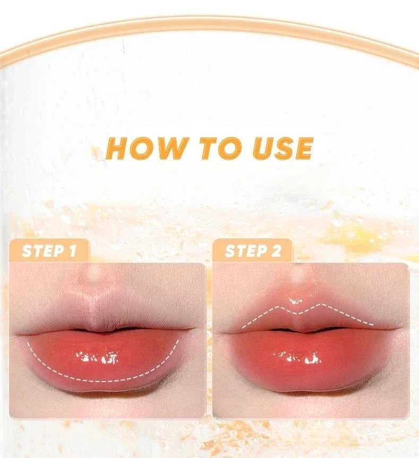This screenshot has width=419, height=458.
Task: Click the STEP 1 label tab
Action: (x=49, y=251)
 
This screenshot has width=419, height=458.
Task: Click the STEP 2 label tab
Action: (x=252, y=251)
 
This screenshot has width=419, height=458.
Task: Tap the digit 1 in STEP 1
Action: (x=72, y=251)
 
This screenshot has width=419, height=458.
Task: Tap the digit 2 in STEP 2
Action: (x=276, y=251)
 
